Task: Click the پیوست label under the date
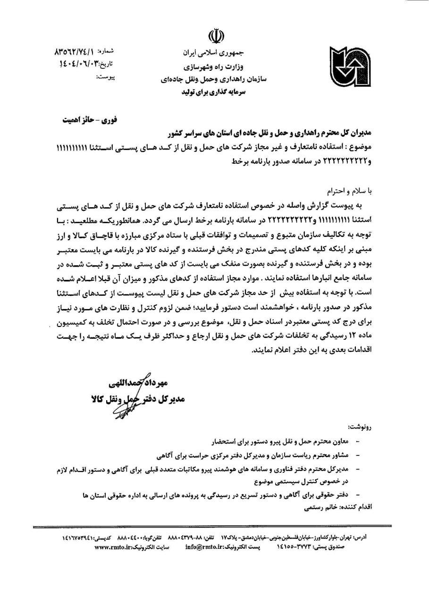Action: (x=106, y=76)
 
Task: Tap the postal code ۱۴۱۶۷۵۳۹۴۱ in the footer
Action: (x=83, y=537)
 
